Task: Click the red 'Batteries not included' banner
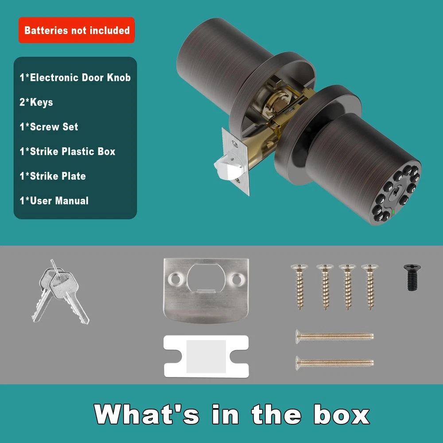tap(77, 30)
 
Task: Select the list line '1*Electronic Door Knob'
tap(75, 78)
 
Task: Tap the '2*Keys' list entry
tap(36, 102)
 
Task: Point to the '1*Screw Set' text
tap(49, 127)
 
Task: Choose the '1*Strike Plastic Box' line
tap(67, 152)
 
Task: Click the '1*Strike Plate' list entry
tap(53, 176)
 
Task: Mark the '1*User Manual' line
tap(54, 201)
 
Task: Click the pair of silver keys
tap(60, 291)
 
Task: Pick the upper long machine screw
tap(334, 336)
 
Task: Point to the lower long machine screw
tap(334, 363)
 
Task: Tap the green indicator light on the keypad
tap(393, 211)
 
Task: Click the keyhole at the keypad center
tap(396, 193)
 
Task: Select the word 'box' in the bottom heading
tap(341, 415)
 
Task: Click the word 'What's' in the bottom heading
tap(146, 414)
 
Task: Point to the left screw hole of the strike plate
tap(174, 279)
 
